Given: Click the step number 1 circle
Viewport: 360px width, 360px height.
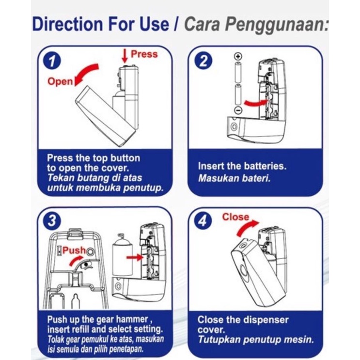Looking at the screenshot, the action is (52, 61).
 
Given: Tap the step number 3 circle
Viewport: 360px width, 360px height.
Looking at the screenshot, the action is (52, 220).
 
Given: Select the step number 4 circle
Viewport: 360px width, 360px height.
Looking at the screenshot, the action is (203, 221).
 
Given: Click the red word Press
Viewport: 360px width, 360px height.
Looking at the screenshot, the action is (144, 54).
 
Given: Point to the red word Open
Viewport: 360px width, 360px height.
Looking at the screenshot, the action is (60, 81).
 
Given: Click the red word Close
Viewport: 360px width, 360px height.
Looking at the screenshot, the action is (235, 217).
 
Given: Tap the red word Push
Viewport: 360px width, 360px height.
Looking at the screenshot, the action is (74, 250).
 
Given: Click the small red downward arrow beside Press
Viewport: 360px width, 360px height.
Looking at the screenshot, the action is (125, 56).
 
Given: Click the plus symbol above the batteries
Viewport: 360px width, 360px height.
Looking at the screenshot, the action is (238, 56).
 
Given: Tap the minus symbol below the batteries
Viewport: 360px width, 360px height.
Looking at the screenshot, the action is (238, 110).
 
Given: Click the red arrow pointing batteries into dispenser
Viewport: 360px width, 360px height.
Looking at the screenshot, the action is (256, 102).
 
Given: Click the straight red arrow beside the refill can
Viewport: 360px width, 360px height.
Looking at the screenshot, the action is (135, 257).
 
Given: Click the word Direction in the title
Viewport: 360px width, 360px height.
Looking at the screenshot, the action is (67, 24).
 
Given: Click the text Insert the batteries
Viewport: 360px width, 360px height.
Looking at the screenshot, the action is (242, 166).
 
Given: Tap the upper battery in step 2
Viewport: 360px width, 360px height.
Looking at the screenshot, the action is (238, 72).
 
